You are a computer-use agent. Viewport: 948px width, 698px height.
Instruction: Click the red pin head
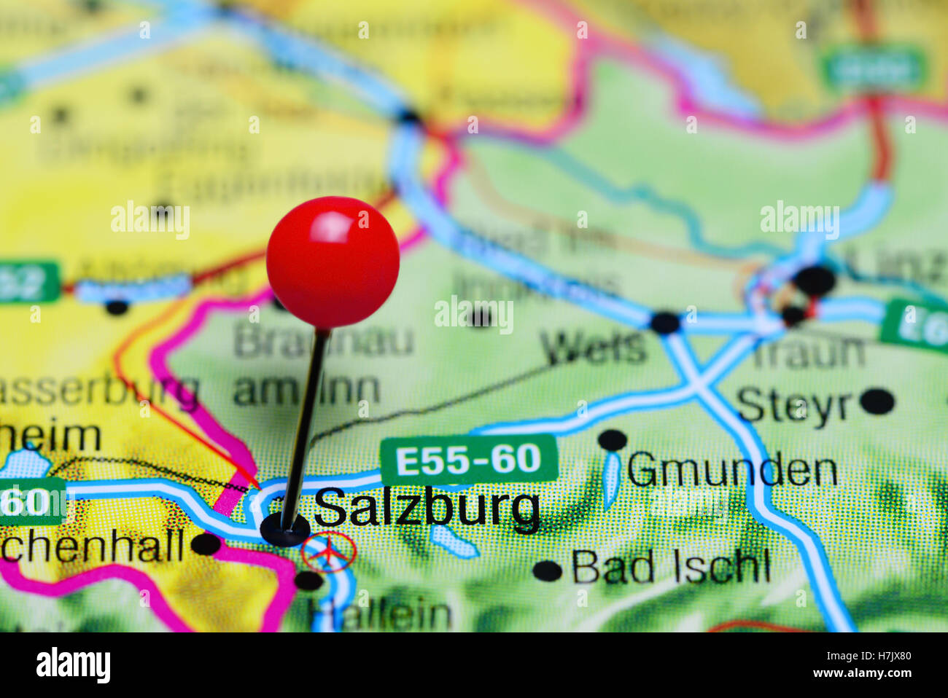(333, 262)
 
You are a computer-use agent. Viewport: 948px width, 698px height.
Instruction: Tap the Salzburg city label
(427, 508)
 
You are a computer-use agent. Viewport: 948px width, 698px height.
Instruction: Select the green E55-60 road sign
(468, 460)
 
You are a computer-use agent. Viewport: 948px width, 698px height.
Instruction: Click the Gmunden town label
(731, 471)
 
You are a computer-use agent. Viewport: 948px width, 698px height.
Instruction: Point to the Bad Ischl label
(670, 567)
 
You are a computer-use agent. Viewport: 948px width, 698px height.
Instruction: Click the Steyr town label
(793, 405)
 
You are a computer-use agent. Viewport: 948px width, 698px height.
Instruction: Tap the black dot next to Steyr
(877, 401)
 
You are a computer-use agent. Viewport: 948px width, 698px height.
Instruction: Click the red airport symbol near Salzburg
(329, 552)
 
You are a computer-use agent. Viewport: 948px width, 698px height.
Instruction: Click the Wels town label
(595, 348)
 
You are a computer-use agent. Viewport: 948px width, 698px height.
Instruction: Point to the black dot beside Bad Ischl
(547, 570)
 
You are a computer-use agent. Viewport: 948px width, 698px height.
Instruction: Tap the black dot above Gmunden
(613, 439)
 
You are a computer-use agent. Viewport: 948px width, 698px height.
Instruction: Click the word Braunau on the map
(323, 341)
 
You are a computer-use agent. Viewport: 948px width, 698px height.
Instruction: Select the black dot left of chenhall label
(206, 544)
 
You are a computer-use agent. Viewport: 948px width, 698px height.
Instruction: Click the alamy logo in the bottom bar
(73, 665)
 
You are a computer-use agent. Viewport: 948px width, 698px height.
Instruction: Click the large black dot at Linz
(815, 281)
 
